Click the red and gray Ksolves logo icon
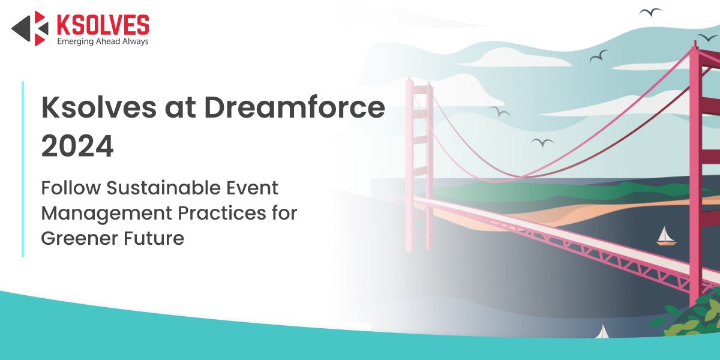pyautogui.click(x=30, y=28)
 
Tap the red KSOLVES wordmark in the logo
pyautogui.click(x=103, y=25)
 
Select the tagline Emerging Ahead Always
pyautogui.click(x=103, y=41)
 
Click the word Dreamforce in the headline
pyautogui.click(x=295, y=107)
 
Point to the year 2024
pyautogui.click(x=77, y=146)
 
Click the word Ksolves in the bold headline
pyautogui.click(x=99, y=107)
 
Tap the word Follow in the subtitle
pyautogui.click(x=71, y=188)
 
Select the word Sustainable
pyautogui.click(x=163, y=188)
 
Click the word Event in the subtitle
pyautogui.click(x=253, y=188)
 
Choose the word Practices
pyautogui.click(x=222, y=213)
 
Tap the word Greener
pyautogui.click(x=79, y=239)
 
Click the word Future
pyautogui.click(x=154, y=239)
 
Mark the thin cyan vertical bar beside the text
pyautogui.click(x=23, y=169)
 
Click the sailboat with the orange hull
pyautogui.click(x=666, y=236)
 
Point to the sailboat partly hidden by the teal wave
pyautogui.click(x=602, y=332)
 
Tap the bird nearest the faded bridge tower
pyautogui.click(x=500, y=111)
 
